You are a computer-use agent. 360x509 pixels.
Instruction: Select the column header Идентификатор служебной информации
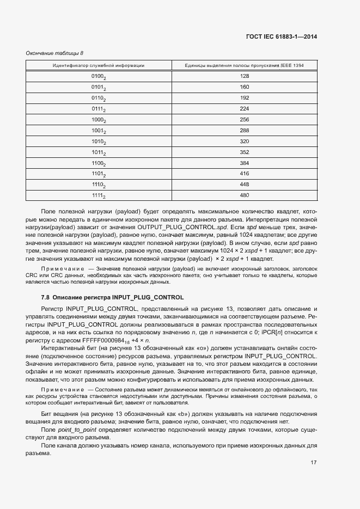[x=99, y=65]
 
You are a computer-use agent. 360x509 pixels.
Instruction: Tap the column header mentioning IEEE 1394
[x=244, y=65]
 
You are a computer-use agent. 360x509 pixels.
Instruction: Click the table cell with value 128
[x=244, y=76]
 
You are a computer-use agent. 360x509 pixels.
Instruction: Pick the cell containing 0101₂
[x=99, y=87]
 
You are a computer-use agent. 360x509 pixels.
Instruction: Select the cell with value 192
[x=244, y=98]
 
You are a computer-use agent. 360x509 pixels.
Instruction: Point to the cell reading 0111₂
[x=99, y=109]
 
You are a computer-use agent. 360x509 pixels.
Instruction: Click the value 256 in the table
[x=244, y=120]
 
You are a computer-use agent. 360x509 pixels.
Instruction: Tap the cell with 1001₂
[x=99, y=131]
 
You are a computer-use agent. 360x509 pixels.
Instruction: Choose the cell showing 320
[x=244, y=142]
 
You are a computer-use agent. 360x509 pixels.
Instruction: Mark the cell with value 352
[x=244, y=152]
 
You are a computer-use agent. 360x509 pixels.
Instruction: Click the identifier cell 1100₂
[x=99, y=163]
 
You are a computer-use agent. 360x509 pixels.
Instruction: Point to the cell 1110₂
[x=99, y=185]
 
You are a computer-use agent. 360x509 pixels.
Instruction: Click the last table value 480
[x=244, y=195]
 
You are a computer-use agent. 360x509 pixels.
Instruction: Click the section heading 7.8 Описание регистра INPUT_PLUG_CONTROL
[x=112, y=297]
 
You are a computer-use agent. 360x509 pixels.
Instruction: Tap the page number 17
[x=314, y=463]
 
